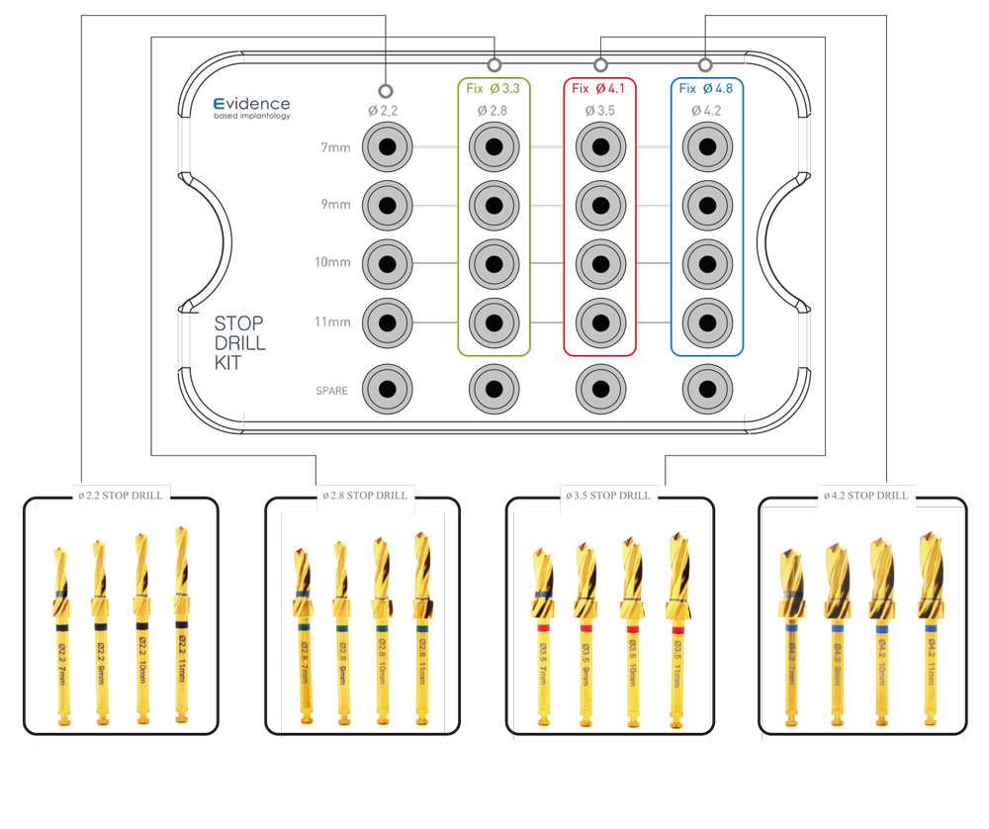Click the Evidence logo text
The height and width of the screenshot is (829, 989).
click(x=252, y=104)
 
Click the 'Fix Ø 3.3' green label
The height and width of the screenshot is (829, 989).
click(x=494, y=88)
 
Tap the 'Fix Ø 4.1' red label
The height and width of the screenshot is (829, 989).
click(x=600, y=88)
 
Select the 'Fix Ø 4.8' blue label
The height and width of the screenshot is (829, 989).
click(x=706, y=88)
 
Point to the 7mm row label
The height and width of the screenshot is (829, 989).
click(x=335, y=147)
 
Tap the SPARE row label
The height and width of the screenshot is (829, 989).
click(x=331, y=391)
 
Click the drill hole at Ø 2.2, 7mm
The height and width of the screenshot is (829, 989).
click(x=387, y=147)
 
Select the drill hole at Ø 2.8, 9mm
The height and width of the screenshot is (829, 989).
click(x=494, y=205)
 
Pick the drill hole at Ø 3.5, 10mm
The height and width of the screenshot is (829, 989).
click(x=600, y=263)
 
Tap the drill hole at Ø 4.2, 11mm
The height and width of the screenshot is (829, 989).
click(x=706, y=322)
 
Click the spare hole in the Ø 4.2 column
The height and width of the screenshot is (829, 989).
click(x=706, y=389)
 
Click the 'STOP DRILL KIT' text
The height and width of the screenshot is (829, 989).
click(x=239, y=342)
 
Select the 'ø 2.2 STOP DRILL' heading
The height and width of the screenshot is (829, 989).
click(x=120, y=495)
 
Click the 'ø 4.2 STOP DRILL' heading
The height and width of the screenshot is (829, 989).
click(x=864, y=495)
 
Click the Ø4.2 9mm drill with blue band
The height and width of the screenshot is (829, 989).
click(x=837, y=633)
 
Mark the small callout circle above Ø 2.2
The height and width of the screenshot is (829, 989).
click(x=387, y=88)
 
